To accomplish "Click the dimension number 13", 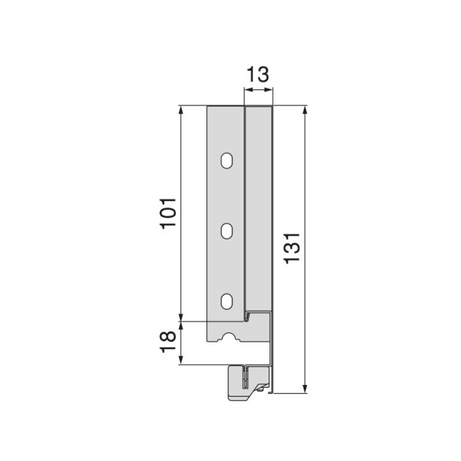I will tap(258, 73).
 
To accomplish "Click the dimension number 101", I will tap(168, 213).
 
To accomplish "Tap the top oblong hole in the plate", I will tap(227, 160).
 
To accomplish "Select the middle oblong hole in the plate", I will tap(227, 230).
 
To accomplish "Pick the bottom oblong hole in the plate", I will tap(227, 300).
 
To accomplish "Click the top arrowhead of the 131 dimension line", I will tap(305, 110).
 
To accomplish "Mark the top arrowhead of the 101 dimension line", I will tap(181, 110).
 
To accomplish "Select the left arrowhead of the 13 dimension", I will tap(247, 90).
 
